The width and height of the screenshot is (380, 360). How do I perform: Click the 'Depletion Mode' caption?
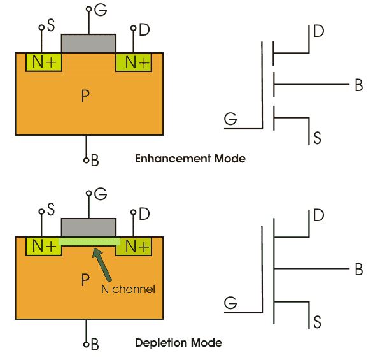tap(178, 343)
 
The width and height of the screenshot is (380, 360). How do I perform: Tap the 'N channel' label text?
tap(127, 289)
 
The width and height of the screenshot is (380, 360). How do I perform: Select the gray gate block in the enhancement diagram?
tap(88, 43)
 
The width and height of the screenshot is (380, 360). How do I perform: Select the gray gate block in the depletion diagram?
tap(88, 227)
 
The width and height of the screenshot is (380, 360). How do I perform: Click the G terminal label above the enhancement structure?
tap(99, 10)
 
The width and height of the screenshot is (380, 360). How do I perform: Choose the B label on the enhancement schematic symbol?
tap(358, 85)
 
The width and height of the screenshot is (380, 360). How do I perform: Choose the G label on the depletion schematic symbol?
tap(230, 303)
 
